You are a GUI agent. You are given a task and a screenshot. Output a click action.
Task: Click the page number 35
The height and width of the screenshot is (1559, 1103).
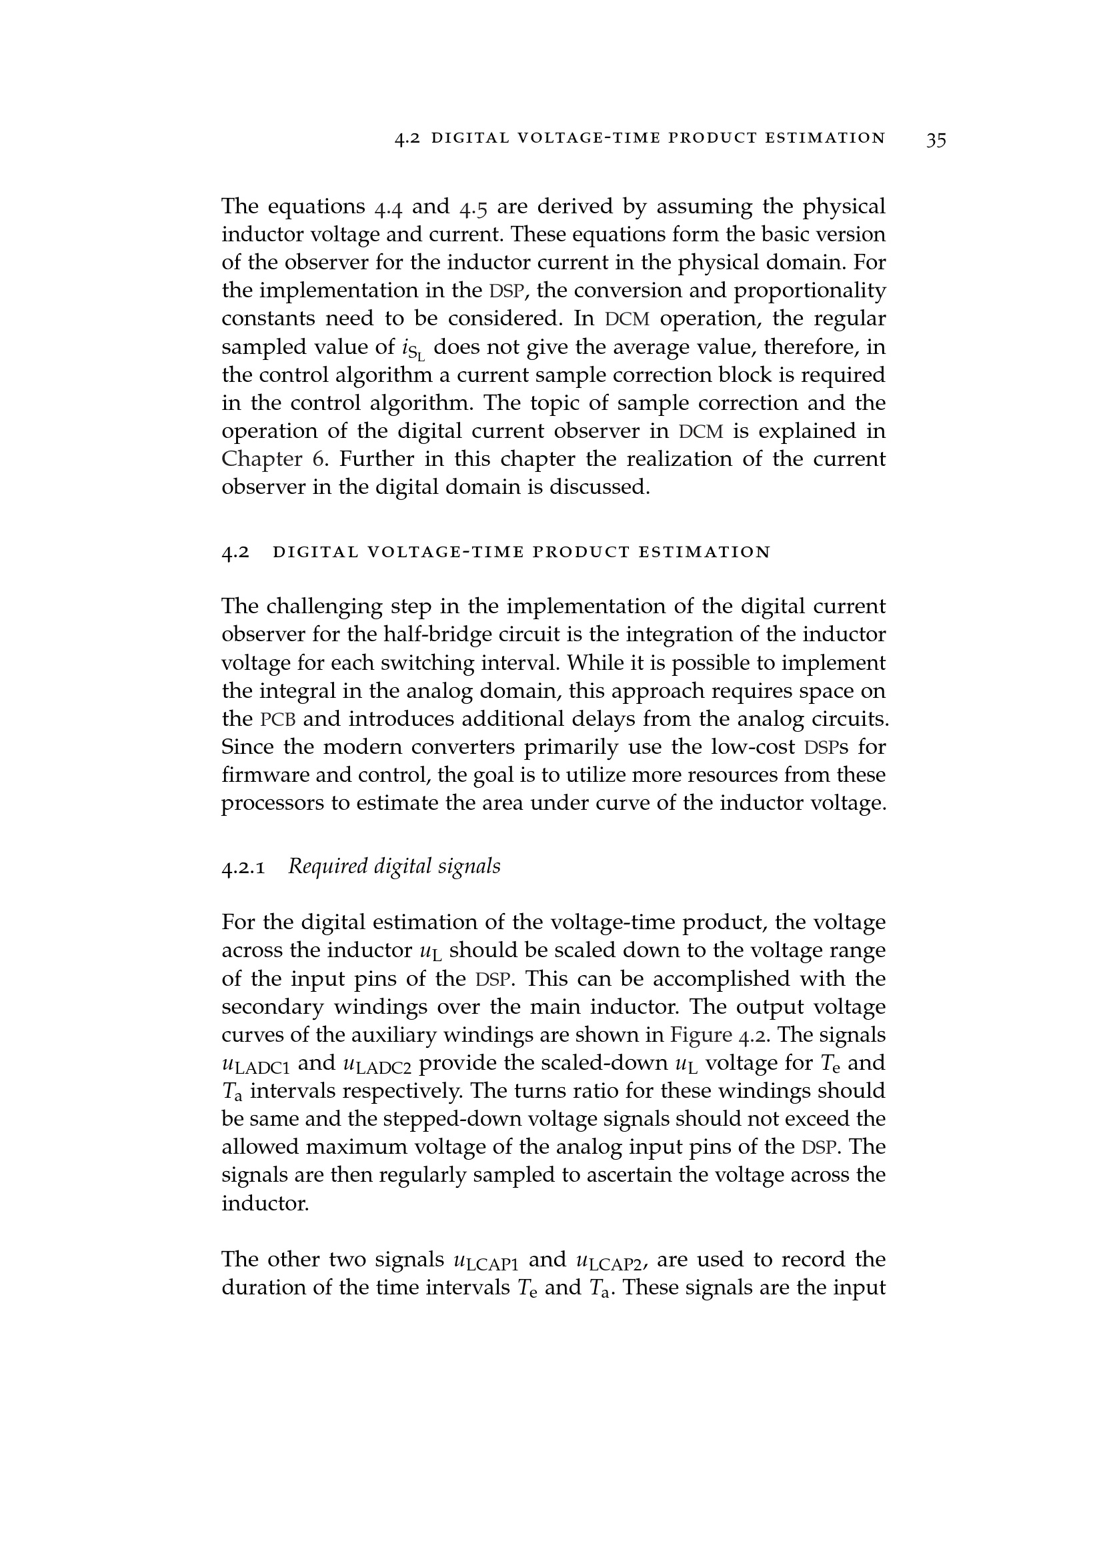pos(935,140)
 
